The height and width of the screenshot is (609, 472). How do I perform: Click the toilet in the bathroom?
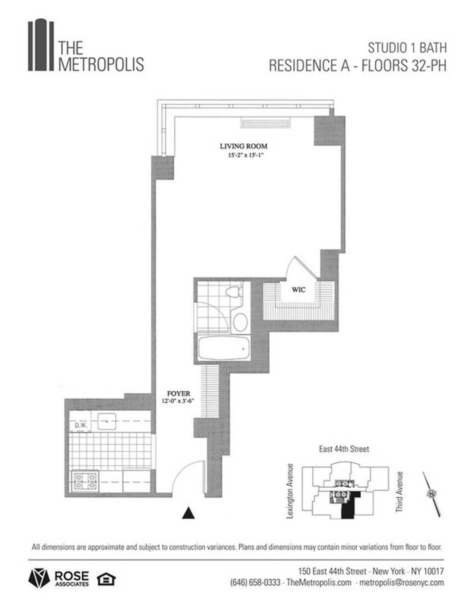click(x=234, y=294)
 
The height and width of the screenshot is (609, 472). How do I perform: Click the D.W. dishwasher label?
click(x=80, y=426)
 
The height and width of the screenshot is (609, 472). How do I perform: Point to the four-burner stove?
click(x=85, y=481)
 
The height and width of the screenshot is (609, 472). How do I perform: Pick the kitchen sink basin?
click(x=107, y=421)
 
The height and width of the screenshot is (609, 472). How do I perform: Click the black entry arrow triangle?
click(x=188, y=513)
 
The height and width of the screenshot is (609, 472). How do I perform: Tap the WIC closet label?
click(x=299, y=290)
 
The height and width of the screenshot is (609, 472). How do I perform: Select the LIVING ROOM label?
click(x=243, y=146)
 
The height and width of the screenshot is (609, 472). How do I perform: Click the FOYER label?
click(x=178, y=393)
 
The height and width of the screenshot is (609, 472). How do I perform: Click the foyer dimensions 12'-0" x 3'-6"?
click(x=178, y=401)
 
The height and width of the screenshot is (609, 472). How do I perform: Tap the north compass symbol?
click(x=432, y=494)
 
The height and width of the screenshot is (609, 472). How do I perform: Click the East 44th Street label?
click(x=344, y=449)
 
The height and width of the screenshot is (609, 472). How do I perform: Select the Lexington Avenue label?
click(x=291, y=491)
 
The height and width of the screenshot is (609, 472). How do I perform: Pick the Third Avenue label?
click(x=400, y=492)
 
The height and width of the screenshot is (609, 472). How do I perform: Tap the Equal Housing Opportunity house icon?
click(x=106, y=579)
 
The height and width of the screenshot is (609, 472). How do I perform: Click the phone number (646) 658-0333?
click(x=255, y=582)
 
